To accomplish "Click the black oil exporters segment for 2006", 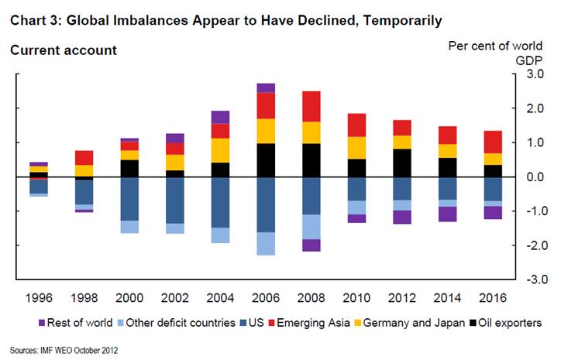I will coord(266,159).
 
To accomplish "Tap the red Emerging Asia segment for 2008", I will coord(311,106).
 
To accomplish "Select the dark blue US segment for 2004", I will coord(221,202).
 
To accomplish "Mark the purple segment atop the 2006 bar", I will coord(266,87).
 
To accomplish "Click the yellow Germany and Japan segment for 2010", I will coord(356,147).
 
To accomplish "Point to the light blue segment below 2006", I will coord(266,243).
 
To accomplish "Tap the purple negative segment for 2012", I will coord(401,217).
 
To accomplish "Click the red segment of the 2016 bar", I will coord(492,142).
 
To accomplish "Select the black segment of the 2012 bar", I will coord(401,163).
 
